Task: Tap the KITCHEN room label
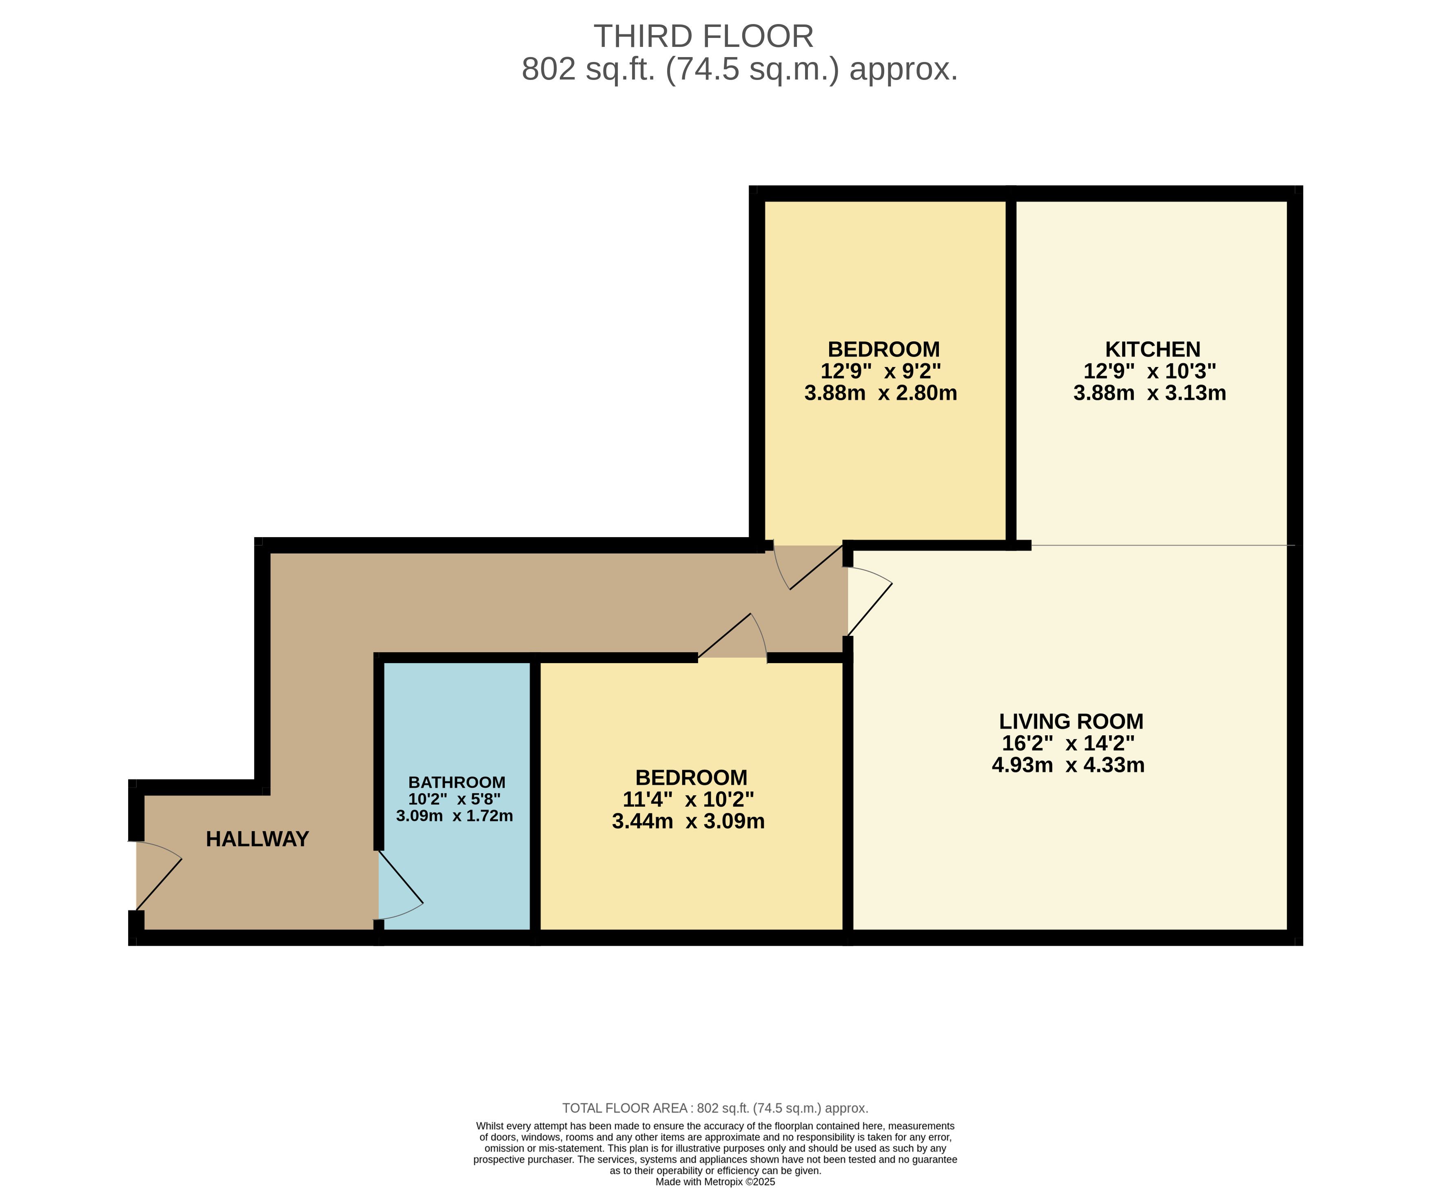pyautogui.click(x=1152, y=350)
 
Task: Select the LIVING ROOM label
pyautogui.click(x=1071, y=721)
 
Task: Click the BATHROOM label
pyautogui.click(x=457, y=782)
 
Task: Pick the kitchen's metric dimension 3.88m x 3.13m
pyautogui.click(x=1149, y=393)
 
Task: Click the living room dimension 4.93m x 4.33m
pyautogui.click(x=1068, y=765)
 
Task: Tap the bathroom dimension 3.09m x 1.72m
pyautogui.click(x=455, y=815)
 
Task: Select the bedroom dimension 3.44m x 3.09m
pyautogui.click(x=688, y=821)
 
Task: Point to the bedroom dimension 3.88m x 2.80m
pyautogui.click(x=881, y=393)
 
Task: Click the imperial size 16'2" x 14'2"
pyautogui.click(x=1068, y=743)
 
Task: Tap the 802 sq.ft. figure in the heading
pyautogui.click(x=588, y=69)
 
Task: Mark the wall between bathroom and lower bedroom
pyautogui.click(x=535, y=795)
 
